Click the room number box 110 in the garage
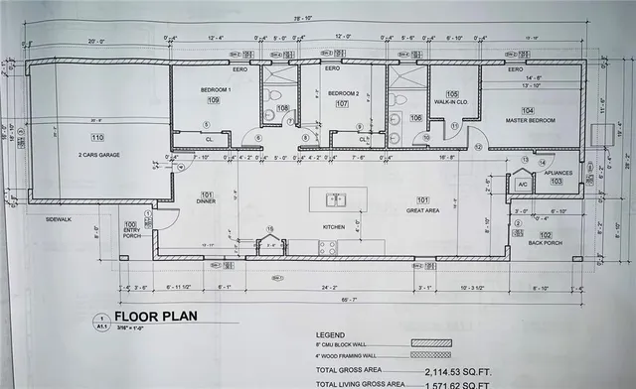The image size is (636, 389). click(x=96, y=137)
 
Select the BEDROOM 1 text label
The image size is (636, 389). click(x=216, y=90)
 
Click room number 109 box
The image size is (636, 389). click(x=214, y=100)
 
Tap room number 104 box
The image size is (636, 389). click(x=527, y=109)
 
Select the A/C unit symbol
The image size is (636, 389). click(x=521, y=184)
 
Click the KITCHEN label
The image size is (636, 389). click(x=332, y=227)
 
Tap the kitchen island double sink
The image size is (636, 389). click(x=335, y=199)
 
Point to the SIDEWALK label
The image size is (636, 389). click(x=59, y=219)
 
